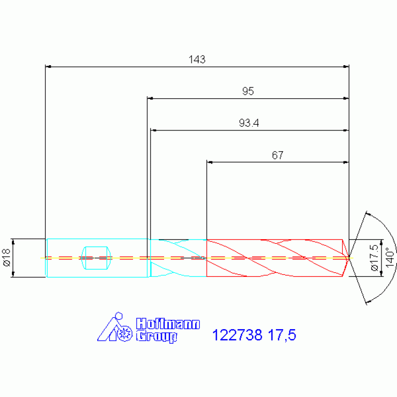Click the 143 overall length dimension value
coord(197,60)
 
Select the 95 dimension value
coord(248,91)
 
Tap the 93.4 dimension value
coord(249,123)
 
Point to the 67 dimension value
coord(277,155)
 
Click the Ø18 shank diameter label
coord(7,257)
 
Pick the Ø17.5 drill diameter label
coord(374,257)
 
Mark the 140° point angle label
coord(390,257)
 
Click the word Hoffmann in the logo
coord(168,324)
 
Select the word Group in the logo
coord(156,336)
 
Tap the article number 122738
coord(237,335)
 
